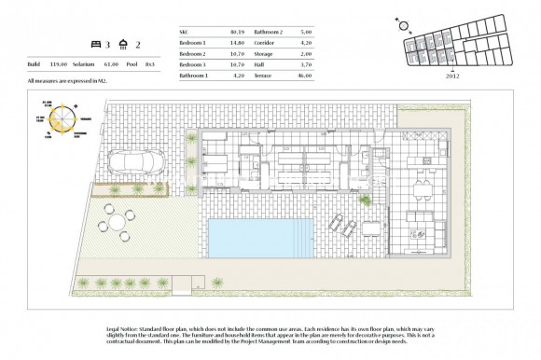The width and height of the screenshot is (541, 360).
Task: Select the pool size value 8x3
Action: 156,64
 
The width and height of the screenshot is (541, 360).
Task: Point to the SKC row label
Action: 184,32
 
